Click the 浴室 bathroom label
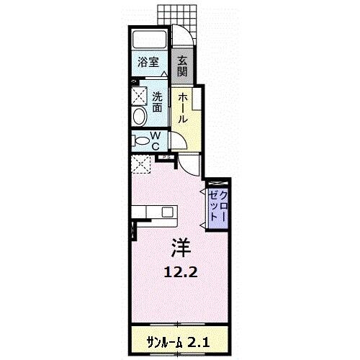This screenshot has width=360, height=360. [148, 62]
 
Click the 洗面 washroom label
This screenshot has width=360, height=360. [157, 102]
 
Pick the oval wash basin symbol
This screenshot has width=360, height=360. [138, 118]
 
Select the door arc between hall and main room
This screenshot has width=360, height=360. [189, 163]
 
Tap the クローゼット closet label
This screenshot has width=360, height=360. [217, 206]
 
